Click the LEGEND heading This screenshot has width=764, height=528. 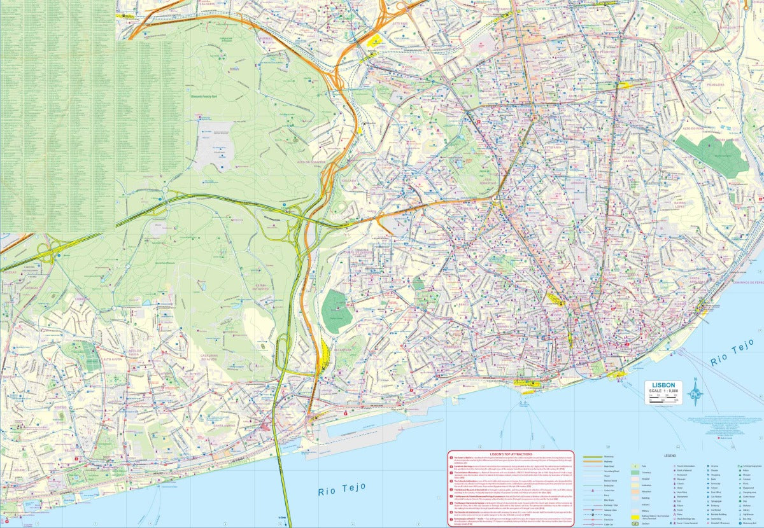[x=669, y=456]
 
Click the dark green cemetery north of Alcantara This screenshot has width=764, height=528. [x=336, y=310]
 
